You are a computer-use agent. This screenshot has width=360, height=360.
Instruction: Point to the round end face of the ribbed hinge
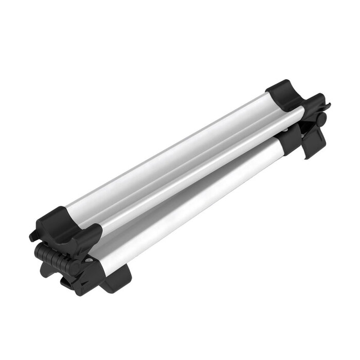click(x=74, y=267)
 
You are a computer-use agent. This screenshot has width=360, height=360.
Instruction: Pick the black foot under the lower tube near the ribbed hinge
click(x=117, y=278)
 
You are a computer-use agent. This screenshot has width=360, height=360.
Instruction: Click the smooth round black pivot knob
click(x=321, y=118)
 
